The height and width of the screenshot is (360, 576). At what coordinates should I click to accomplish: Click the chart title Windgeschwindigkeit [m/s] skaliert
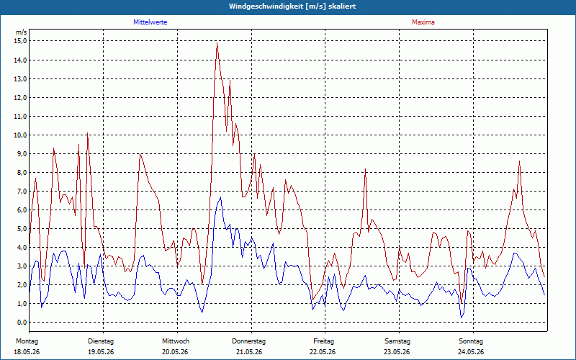[x=292, y=6]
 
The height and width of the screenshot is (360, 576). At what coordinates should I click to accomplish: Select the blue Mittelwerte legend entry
[x=150, y=22]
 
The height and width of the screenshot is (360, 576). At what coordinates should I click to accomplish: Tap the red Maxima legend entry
[x=423, y=22]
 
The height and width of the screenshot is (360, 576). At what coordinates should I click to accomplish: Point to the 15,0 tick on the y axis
[x=20, y=41]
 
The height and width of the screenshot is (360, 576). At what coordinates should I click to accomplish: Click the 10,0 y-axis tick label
[x=20, y=135]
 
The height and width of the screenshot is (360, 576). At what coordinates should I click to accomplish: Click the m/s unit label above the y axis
[x=22, y=32]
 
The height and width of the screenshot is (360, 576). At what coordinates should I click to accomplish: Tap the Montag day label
[x=27, y=341]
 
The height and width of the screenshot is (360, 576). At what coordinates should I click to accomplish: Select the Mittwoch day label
[x=176, y=341]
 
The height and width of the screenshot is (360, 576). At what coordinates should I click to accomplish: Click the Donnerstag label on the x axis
[x=248, y=341]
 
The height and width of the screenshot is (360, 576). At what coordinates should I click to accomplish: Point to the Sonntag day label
[x=471, y=341]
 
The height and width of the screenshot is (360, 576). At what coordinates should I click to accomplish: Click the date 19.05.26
[x=101, y=352]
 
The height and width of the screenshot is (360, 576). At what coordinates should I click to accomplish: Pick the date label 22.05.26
[x=323, y=352]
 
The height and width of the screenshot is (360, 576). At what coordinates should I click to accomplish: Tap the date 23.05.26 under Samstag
[x=397, y=352]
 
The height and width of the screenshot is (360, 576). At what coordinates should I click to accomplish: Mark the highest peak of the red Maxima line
[x=217, y=43]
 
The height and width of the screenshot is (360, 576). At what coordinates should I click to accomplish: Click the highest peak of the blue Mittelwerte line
[x=220, y=197]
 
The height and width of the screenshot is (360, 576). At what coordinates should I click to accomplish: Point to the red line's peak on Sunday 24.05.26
[x=519, y=161]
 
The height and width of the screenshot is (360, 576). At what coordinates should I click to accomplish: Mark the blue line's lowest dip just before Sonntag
[x=462, y=318]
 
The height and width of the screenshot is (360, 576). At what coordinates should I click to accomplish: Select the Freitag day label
[x=323, y=341]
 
